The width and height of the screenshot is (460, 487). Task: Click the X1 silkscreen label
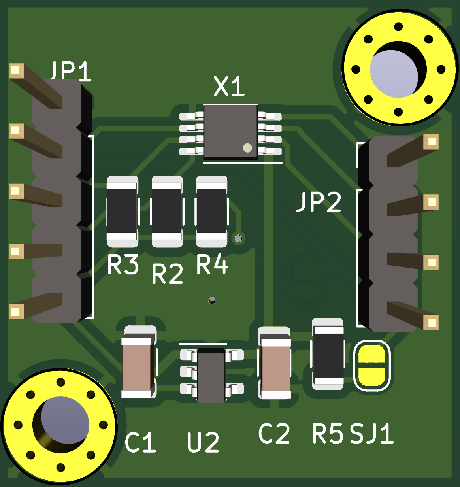point(229,87)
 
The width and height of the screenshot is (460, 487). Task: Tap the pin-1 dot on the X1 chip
point(247,148)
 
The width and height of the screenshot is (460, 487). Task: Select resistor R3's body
point(122,211)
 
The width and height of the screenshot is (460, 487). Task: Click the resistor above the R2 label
point(167,211)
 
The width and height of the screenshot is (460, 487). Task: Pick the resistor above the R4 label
point(211,211)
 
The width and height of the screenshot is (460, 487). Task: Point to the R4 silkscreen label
point(212,265)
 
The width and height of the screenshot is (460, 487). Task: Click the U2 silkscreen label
point(203,442)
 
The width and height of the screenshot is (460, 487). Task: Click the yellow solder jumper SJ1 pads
point(371,366)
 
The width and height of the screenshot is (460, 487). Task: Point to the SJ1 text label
point(372,433)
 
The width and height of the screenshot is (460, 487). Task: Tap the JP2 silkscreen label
point(319,202)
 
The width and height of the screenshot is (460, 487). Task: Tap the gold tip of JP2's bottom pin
point(431,323)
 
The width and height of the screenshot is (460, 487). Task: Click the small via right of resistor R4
point(238,238)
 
